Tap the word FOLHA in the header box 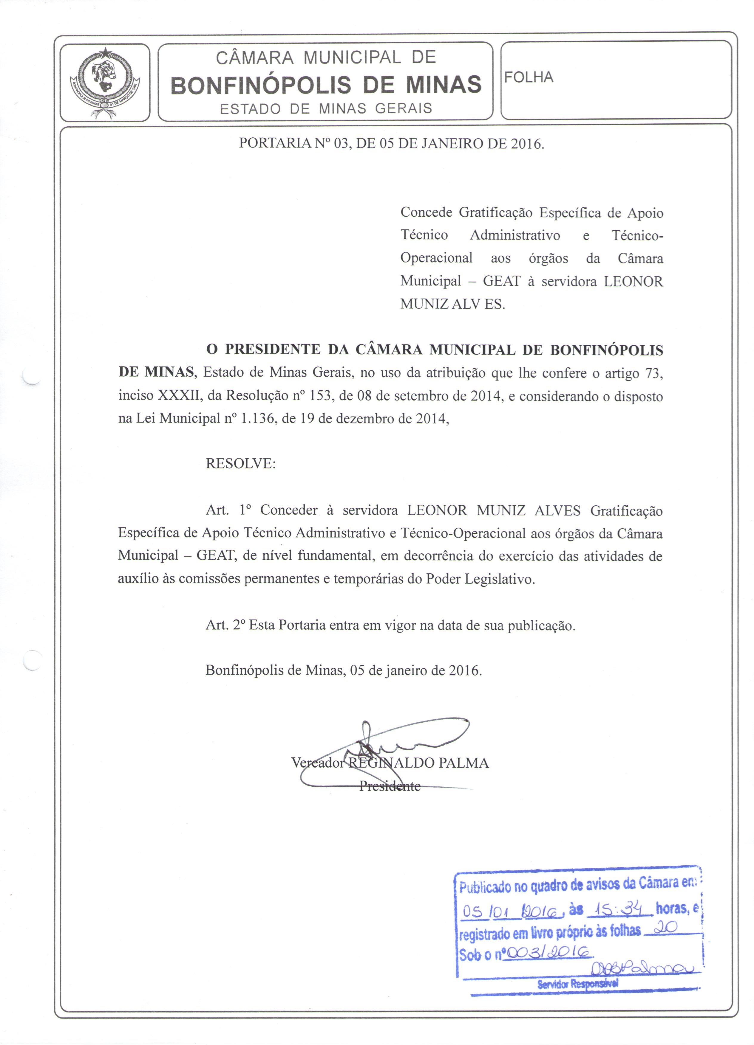tap(529, 77)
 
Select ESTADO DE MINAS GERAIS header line tap(326, 109)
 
